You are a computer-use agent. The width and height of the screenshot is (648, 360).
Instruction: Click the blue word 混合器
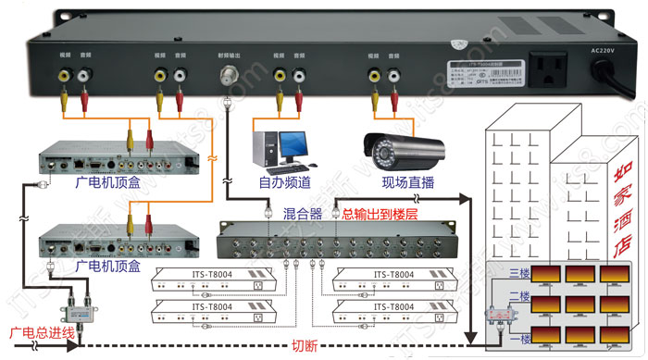[x=302, y=214]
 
